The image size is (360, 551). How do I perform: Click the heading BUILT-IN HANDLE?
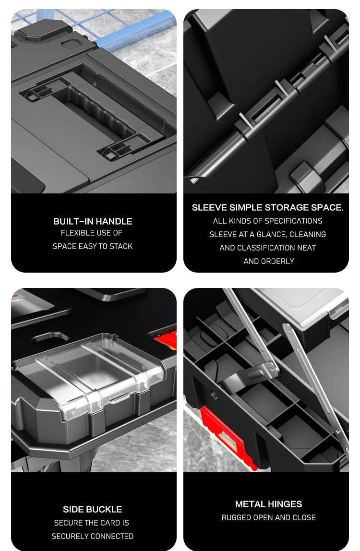(x=93, y=221)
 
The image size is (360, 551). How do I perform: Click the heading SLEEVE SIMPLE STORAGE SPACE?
(x=267, y=208)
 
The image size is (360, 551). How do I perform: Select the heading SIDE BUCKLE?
(x=93, y=510)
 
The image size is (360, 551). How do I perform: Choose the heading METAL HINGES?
(x=269, y=504)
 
